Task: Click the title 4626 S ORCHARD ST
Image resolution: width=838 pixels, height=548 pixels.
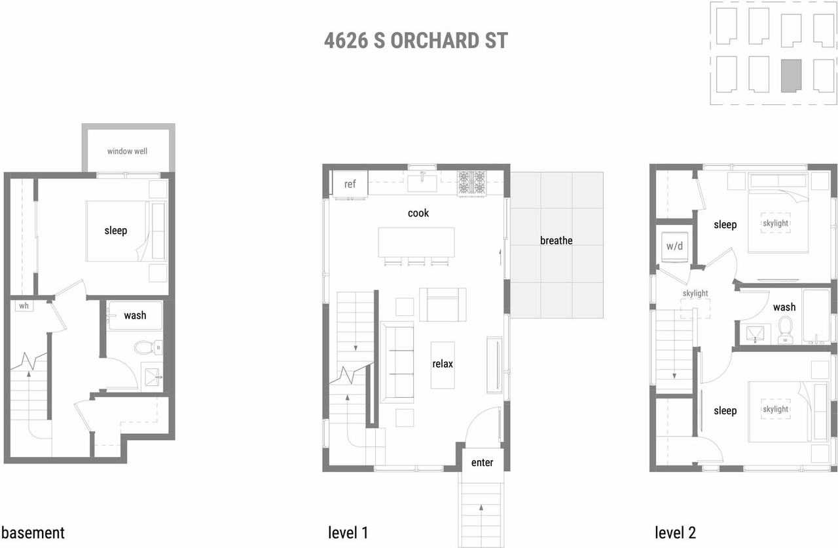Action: pos(416,41)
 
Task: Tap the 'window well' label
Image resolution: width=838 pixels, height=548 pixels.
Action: pos(127,151)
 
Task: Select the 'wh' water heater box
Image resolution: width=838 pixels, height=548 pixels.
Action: pos(24,306)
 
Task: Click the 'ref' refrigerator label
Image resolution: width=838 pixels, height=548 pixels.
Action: pos(350,184)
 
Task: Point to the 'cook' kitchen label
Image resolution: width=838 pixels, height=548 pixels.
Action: pos(418,213)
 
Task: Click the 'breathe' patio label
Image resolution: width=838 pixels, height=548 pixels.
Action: pos(556,241)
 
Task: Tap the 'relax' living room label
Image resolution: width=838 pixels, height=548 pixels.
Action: pos(443,364)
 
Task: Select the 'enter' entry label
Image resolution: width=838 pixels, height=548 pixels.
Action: pos(482,463)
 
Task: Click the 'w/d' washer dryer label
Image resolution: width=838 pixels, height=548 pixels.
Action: pos(674,246)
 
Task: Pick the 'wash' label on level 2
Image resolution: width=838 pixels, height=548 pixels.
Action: pos(784,307)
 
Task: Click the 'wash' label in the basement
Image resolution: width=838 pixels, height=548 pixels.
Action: pos(135,315)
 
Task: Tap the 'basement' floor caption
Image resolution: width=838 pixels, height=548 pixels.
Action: pos(33,532)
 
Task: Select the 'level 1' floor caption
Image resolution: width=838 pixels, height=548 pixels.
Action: pos(348,532)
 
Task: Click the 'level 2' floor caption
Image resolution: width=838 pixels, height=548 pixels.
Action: pos(675,532)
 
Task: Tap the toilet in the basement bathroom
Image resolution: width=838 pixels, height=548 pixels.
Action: pos(143,347)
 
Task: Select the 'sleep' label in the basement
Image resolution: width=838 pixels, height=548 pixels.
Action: pos(116,231)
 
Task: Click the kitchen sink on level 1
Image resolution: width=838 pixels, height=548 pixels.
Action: pos(423,179)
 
